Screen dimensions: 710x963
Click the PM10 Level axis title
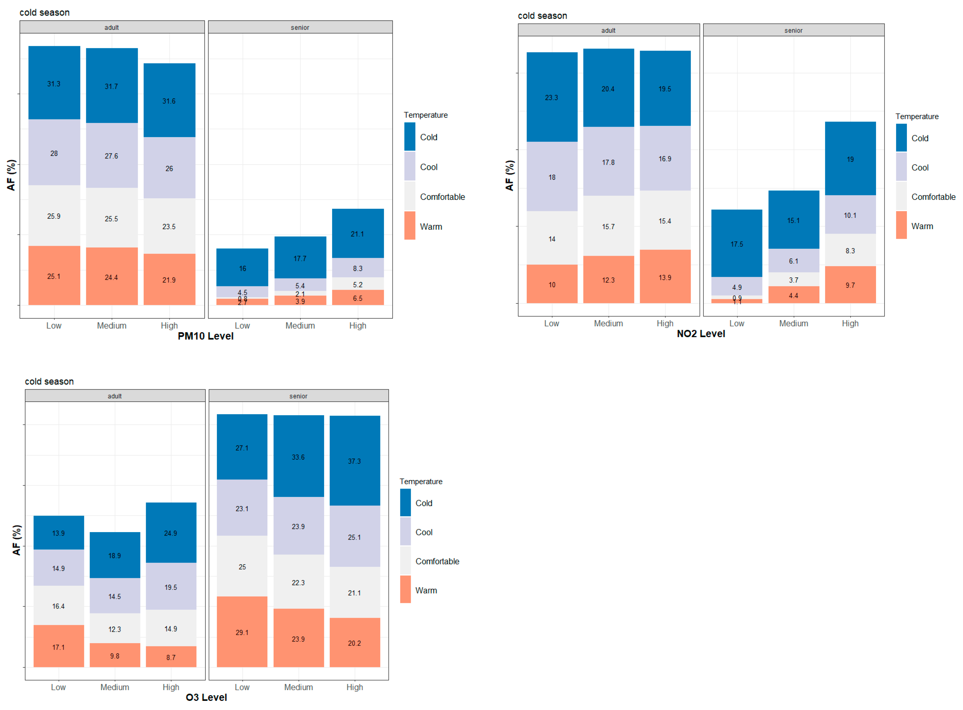click(x=205, y=336)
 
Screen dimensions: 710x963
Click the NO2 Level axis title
click(x=701, y=334)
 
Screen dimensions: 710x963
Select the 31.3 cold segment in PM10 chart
click(x=54, y=83)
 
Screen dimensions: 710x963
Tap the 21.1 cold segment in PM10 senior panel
click(x=358, y=234)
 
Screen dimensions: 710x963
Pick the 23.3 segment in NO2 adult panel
click(x=552, y=98)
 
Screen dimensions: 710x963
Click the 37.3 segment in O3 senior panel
click(x=355, y=461)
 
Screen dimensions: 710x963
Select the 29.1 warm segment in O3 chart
click(x=242, y=632)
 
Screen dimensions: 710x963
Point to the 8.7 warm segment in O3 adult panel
click(x=171, y=657)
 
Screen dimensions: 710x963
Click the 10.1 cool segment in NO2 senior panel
click(x=850, y=215)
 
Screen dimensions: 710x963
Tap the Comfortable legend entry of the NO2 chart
click(x=933, y=197)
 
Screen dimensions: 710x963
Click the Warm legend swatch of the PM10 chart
click(x=410, y=226)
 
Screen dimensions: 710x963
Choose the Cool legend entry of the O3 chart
click(x=423, y=532)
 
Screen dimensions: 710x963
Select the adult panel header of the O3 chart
click(x=115, y=396)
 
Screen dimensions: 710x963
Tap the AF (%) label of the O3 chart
click(x=16, y=540)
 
